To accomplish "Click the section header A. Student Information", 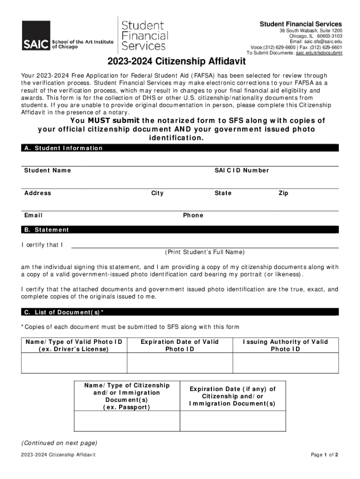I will pyautogui.click(x=63, y=148).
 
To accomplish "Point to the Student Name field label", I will pyautogui.click(x=48, y=170).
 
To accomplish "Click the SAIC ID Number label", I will pyautogui.click(x=242, y=170).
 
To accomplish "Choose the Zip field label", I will pyautogui.click(x=283, y=193).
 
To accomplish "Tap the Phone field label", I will pyautogui.click(x=193, y=215).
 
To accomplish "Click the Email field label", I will pyautogui.click(x=33, y=215).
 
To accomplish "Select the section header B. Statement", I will pyautogui.click(x=46, y=230).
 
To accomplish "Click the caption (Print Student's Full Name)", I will pyautogui.click(x=205, y=252).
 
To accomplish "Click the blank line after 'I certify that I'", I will pyautogui.click(x=205, y=244).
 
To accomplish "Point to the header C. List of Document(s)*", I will pyautogui.click(x=64, y=312).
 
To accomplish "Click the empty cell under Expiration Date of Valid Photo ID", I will pyautogui.click(x=180, y=363).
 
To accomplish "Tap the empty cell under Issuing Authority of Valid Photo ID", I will pyautogui.click(x=285, y=363).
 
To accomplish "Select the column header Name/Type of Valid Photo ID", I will pyautogui.click(x=74, y=345).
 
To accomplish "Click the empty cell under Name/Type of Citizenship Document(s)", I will pyautogui.click(x=127, y=421).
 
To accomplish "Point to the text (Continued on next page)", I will pyautogui.click(x=59, y=443).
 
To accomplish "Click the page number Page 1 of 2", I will pyautogui.click(x=324, y=455).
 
